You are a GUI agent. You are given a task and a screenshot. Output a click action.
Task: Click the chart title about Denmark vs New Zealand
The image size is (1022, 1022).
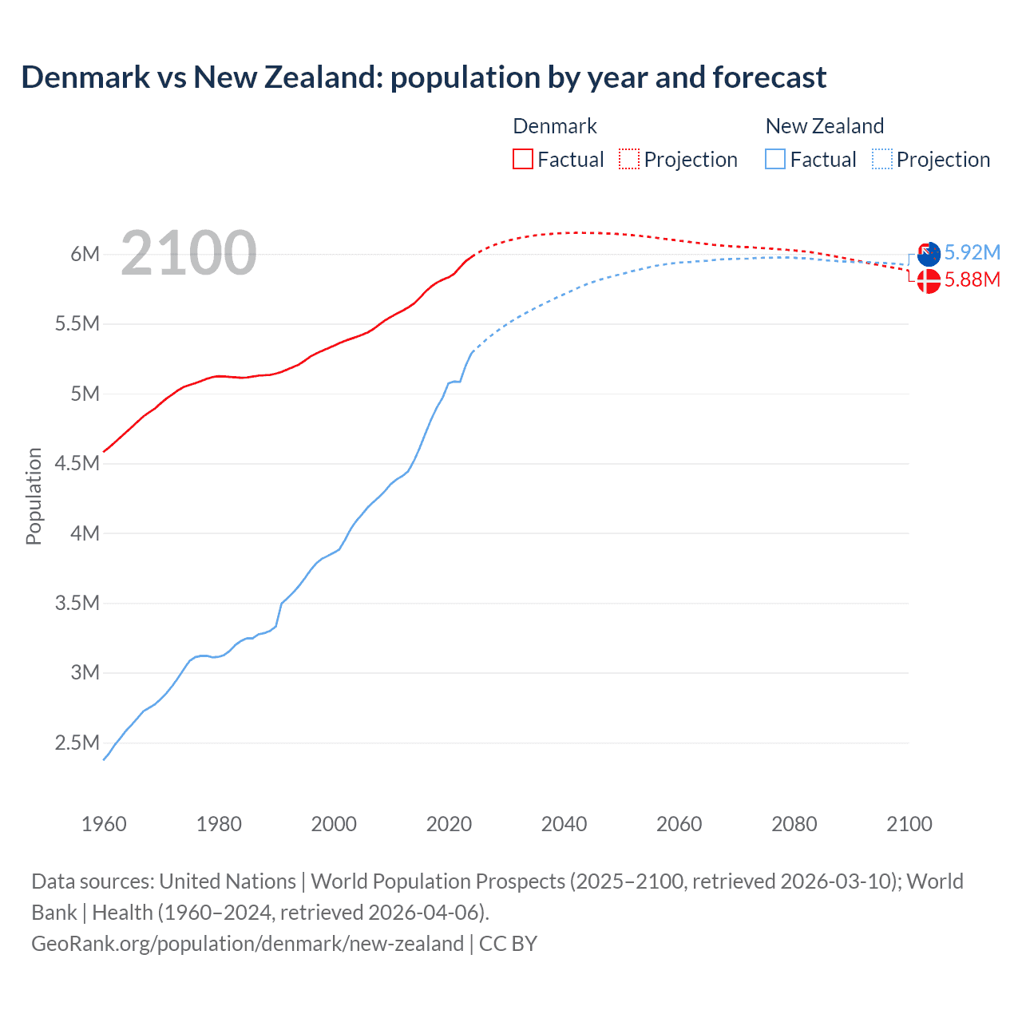click(423, 77)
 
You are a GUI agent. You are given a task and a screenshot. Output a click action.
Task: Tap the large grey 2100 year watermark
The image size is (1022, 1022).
click(188, 253)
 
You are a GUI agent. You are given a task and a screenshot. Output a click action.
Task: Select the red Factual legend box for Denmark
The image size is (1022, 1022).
click(522, 159)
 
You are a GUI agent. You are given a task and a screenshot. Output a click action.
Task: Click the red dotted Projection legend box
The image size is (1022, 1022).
click(629, 159)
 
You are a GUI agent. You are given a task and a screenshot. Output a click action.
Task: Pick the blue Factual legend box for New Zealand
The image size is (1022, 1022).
click(774, 159)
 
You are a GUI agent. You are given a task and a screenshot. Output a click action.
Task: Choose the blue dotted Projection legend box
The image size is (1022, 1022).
click(881, 159)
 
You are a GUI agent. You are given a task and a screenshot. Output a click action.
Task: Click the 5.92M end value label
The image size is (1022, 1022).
click(972, 252)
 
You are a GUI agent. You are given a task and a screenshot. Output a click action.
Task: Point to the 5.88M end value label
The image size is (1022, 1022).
click(972, 279)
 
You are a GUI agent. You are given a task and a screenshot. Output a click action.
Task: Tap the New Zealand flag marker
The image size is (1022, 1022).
click(929, 255)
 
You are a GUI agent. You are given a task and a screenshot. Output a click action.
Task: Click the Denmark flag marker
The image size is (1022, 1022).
click(929, 281)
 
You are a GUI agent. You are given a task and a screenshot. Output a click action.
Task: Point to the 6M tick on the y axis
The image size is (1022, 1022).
click(85, 254)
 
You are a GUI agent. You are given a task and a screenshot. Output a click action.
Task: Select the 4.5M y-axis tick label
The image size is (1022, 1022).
click(77, 463)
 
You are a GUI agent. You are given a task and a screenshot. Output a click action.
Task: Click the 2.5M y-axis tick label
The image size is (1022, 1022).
click(77, 743)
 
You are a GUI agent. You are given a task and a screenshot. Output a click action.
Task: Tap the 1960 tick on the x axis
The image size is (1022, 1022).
click(104, 824)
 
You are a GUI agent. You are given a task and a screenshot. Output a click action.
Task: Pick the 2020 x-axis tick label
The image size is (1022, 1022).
click(449, 824)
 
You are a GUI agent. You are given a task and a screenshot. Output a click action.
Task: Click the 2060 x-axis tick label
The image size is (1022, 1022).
click(679, 824)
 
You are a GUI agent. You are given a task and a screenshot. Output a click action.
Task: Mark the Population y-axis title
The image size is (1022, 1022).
click(34, 496)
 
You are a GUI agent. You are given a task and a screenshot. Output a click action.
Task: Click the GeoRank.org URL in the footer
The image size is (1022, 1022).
click(248, 944)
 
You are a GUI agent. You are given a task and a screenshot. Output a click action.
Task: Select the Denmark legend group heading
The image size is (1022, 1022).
click(554, 126)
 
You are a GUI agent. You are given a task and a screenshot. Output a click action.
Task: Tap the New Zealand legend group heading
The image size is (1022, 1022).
click(824, 126)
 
